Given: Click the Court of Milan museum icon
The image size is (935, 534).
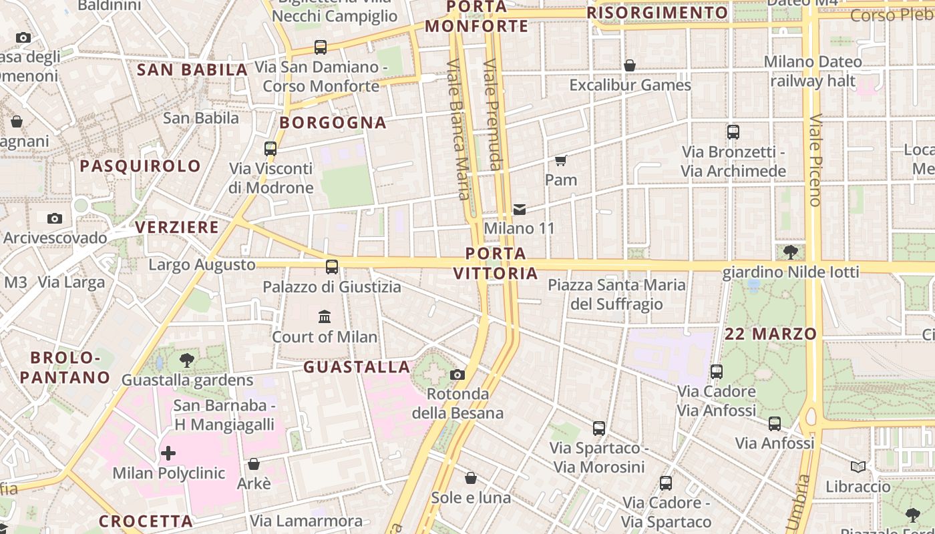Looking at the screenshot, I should click(x=325, y=316).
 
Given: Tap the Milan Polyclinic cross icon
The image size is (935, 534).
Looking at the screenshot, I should click(x=168, y=454).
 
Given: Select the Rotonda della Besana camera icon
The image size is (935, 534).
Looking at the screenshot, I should click(x=457, y=374).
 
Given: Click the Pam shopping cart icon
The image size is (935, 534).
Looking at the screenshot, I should click(x=561, y=160).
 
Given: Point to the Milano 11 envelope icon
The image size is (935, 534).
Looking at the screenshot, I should click(x=520, y=210).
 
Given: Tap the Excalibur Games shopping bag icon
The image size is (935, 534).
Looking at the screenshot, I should click(x=629, y=65).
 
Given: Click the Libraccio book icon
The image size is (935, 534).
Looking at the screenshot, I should click(x=858, y=467).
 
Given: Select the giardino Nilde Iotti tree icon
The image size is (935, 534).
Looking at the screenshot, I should click(x=791, y=252).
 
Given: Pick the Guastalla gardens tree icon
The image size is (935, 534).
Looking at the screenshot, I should click(x=187, y=361).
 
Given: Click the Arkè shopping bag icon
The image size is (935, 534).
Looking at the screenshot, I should click(x=254, y=464).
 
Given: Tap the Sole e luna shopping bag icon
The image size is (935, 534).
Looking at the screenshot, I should click(x=471, y=478).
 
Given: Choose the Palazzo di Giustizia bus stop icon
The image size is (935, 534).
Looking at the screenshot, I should click(x=332, y=267).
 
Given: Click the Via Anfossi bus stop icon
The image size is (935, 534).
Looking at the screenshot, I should click(x=774, y=423).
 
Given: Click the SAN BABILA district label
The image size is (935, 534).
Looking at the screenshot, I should click(x=192, y=69).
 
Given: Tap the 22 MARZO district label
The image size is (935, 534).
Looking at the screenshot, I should click(x=771, y=334).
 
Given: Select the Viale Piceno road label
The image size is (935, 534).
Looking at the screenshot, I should click(x=815, y=160).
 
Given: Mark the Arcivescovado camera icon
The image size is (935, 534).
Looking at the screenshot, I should click(x=55, y=218).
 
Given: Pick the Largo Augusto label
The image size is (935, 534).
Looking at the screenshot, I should click(x=202, y=265).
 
